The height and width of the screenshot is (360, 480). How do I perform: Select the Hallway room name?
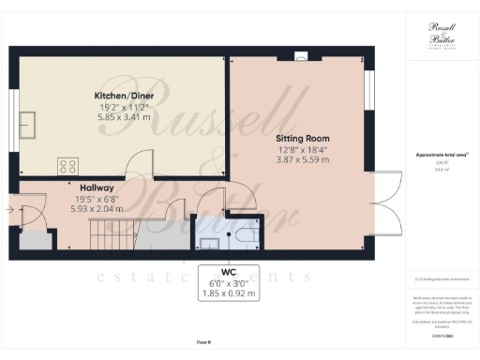[97, 187]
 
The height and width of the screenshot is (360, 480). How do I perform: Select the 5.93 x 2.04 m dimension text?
[97, 209]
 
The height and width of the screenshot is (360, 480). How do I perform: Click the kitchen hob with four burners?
[68, 166]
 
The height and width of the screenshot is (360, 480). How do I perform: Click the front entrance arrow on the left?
[8, 210]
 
